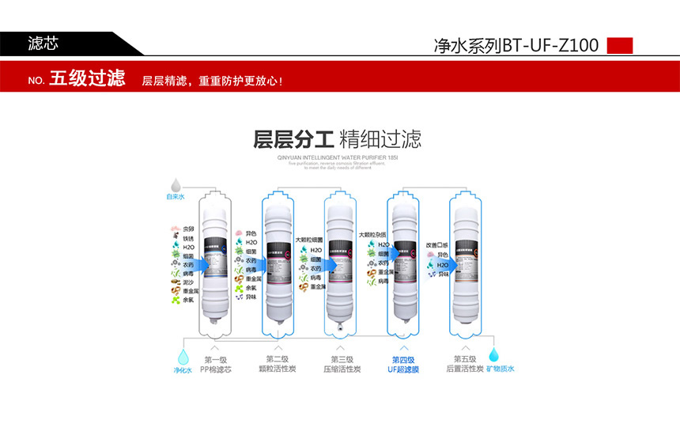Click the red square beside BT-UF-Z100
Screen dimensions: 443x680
[x=620, y=45]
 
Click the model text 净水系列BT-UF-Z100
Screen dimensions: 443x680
[x=516, y=45]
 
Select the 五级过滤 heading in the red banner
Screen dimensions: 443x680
[x=87, y=79]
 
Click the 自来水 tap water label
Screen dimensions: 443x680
[x=175, y=197]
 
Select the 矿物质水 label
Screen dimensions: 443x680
[x=501, y=369]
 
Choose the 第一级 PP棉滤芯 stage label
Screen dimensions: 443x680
[x=215, y=364]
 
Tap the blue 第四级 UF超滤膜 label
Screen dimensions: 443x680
[x=403, y=364]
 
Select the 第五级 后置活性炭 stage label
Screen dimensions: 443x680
[x=464, y=364]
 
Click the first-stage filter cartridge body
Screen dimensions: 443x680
[x=216, y=261]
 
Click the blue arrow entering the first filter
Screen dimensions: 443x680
[x=201, y=265]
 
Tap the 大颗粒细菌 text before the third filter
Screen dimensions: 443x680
[x=310, y=237]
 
